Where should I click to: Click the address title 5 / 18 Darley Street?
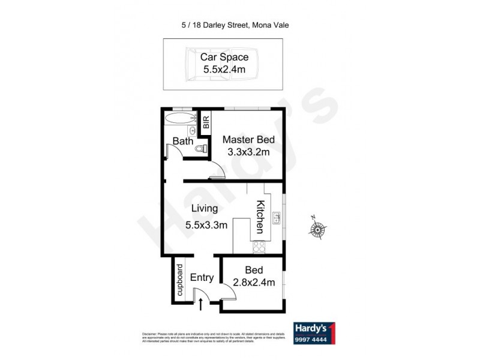pos(239,25)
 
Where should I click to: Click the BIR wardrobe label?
pos(206,122)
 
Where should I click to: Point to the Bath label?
pos(183,142)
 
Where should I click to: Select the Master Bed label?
pos(248,140)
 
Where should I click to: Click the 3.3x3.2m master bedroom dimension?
pos(248,152)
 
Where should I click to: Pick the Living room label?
pos(205,209)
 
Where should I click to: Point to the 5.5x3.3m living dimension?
pos(206,226)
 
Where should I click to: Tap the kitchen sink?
pos(277,218)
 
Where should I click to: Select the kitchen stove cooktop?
pos(259,246)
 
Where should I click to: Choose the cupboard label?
pos(179,280)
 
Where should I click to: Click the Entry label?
pos(202,277)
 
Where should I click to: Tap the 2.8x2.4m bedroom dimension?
pos(254,282)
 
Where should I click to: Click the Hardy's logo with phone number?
pos(315,334)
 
